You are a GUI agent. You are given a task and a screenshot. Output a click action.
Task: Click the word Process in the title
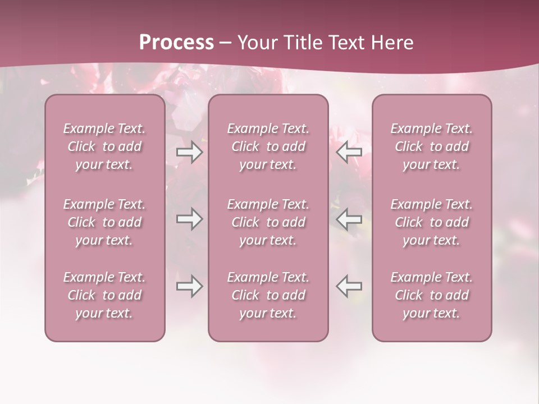(x=176, y=43)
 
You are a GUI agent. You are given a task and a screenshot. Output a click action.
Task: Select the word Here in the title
(x=392, y=43)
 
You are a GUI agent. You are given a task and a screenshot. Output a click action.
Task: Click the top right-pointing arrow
(x=189, y=152)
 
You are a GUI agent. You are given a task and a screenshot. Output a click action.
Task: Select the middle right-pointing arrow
(x=189, y=219)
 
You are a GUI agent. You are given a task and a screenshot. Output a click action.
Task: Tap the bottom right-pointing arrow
(x=189, y=286)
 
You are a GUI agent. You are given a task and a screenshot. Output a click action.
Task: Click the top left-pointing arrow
(x=349, y=152)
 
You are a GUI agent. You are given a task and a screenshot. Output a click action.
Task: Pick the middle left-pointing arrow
(x=349, y=219)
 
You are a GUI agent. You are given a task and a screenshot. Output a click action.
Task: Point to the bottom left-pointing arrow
(x=349, y=286)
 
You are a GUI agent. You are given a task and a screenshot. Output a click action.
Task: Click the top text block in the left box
(x=104, y=146)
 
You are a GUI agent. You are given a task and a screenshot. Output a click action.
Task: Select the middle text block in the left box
(x=104, y=222)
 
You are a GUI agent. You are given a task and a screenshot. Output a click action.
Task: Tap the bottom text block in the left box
(x=104, y=295)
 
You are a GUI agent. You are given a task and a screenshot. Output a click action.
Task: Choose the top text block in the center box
(x=268, y=146)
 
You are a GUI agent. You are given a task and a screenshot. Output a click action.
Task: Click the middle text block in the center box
(x=268, y=222)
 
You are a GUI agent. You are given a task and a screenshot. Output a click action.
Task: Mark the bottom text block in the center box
(x=268, y=295)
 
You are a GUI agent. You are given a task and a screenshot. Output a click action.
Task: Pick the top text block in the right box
(x=432, y=146)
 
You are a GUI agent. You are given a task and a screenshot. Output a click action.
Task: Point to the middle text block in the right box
(x=432, y=222)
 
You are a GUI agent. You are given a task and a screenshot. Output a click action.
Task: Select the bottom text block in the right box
(x=432, y=295)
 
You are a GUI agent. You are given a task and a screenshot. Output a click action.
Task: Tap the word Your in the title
(x=255, y=43)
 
